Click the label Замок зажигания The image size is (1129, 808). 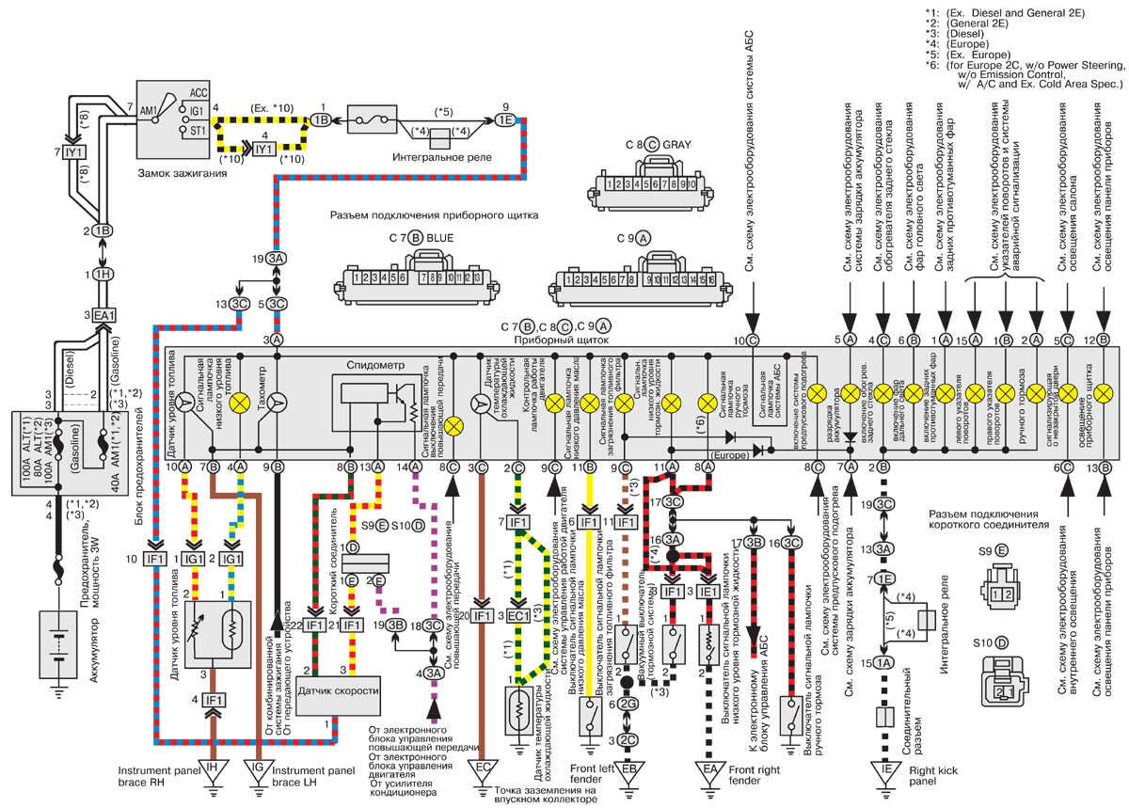pos(183,173)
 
